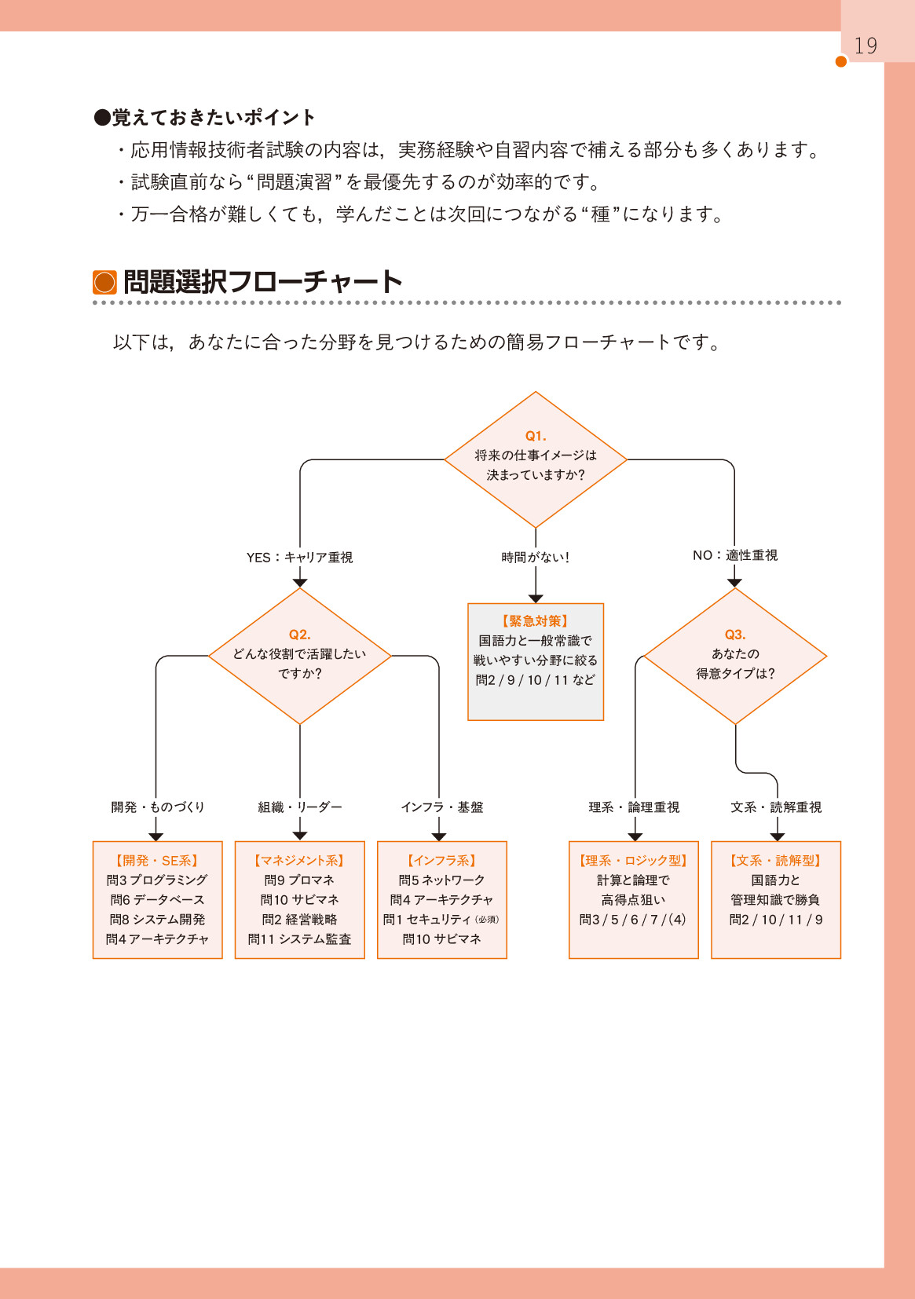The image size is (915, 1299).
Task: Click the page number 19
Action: click(865, 46)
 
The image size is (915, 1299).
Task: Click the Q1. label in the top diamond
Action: click(536, 436)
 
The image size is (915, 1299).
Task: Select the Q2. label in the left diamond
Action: click(299, 635)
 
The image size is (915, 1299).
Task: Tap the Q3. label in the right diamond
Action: click(735, 635)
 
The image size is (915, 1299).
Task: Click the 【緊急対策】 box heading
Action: click(536, 620)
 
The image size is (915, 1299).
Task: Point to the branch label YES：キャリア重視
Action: click(299, 557)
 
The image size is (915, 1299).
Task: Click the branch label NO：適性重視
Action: click(735, 555)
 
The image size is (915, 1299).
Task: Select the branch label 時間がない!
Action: click(536, 557)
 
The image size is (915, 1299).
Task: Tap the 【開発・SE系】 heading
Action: click(157, 861)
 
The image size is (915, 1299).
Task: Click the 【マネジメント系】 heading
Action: click(299, 861)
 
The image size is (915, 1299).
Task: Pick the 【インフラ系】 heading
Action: click(441, 861)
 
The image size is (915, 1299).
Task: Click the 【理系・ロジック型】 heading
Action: click(633, 861)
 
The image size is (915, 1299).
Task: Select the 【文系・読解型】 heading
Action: click(775, 861)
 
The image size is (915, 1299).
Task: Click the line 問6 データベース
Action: click(157, 900)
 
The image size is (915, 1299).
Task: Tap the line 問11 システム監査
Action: click(299, 939)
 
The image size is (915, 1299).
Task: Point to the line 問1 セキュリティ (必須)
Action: click(441, 920)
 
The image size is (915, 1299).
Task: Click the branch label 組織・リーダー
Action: click(299, 807)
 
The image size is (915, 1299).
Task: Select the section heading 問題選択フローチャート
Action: click(263, 282)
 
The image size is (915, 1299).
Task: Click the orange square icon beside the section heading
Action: click(104, 282)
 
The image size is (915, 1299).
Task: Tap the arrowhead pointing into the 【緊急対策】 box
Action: click(536, 598)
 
